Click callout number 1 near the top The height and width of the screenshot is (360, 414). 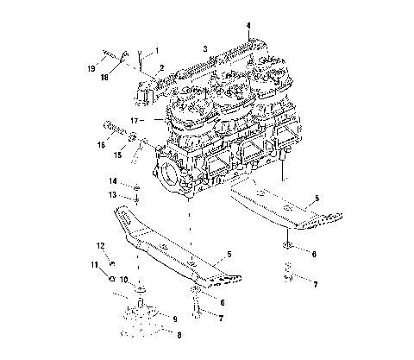pos(156,51)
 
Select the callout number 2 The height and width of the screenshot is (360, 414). pos(161,66)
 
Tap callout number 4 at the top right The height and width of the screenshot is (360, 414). pos(248,25)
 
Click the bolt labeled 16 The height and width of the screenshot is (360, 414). pos(113,130)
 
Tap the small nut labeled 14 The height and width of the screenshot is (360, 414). pos(136,186)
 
